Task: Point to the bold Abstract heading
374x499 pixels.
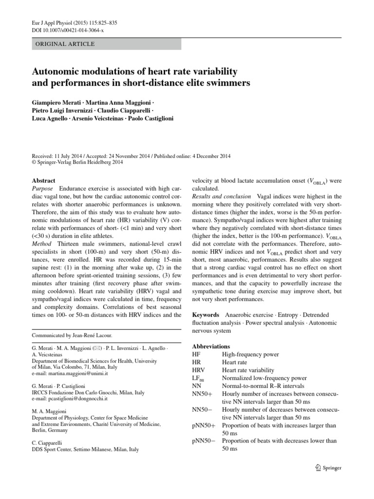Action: [44, 180]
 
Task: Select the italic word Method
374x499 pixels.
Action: [42, 243]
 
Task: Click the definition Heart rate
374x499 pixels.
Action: [234, 363]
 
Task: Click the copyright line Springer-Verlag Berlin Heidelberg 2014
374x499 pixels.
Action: [80, 163]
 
